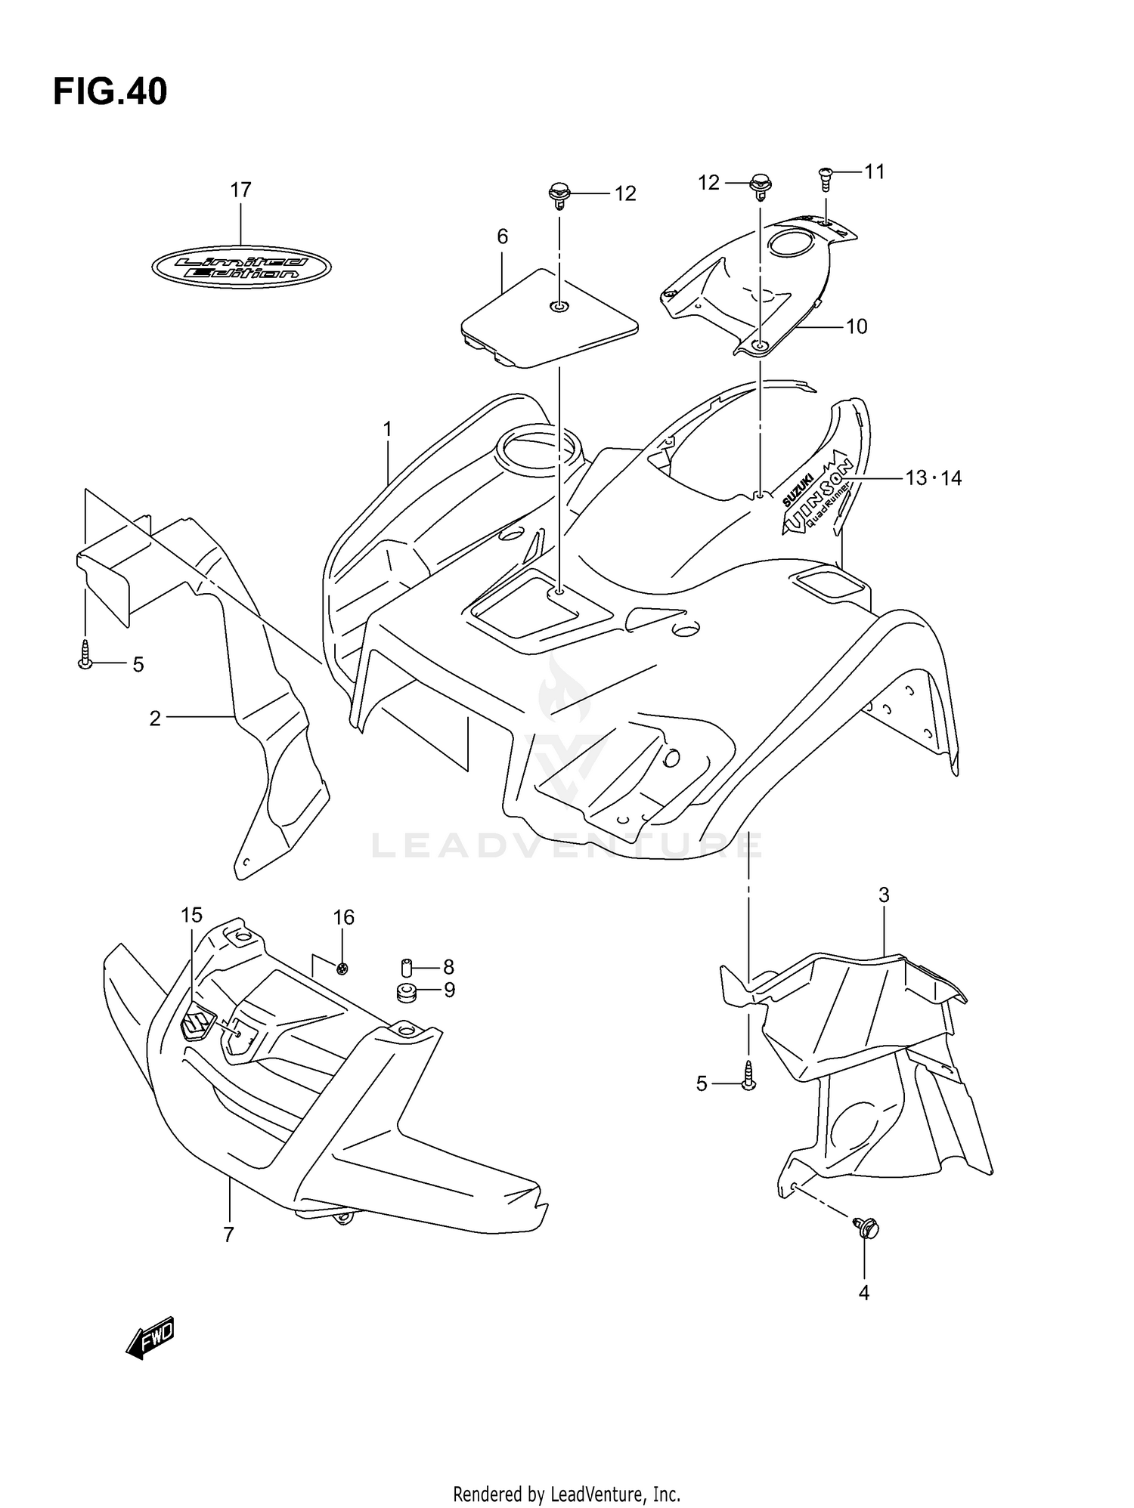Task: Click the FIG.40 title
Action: (x=110, y=92)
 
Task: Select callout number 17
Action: (x=240, y=190)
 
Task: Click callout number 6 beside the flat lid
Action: (x=503, y=237)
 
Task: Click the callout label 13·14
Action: (x=933, y=478)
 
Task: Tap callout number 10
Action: (x=857, y=327)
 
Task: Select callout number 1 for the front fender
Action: (x=387, y=430)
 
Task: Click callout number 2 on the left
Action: (x=155, y=718)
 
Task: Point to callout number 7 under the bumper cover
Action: (x=228, y=1235)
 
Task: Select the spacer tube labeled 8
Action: (x=407, y=967)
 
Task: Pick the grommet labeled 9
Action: (x=407, y=992)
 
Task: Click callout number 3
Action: (x=884, y=896)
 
